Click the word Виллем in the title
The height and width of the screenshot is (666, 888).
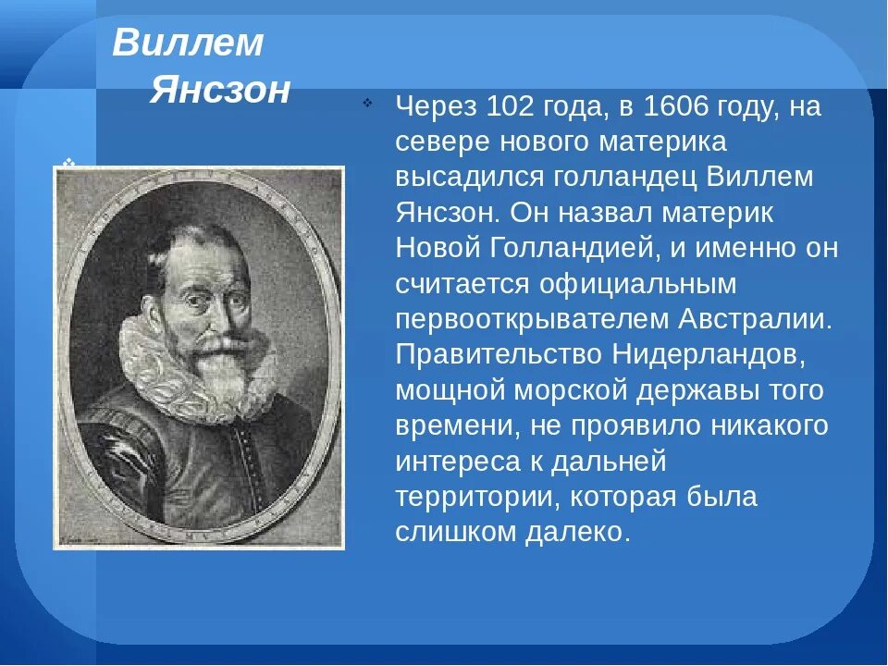[189, 43]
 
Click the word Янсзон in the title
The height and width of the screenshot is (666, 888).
[220, 91]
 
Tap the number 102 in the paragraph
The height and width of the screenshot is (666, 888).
[506, 107]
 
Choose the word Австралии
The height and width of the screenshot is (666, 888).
[756, 319]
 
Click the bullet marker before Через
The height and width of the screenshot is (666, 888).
[369, 104]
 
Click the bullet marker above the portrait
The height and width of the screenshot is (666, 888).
[68, 161]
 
